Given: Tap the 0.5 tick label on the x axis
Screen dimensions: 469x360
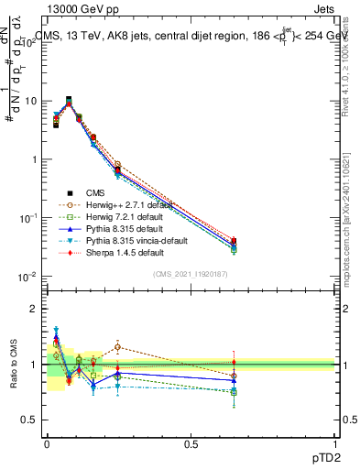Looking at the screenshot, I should tap(191, 444).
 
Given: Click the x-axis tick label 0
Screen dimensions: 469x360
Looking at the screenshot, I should tap(47, 444).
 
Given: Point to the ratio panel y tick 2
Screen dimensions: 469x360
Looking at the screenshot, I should tap(33, 309).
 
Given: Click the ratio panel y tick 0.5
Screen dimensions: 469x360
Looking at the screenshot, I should tap(29, 420).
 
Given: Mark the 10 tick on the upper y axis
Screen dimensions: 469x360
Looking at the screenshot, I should tap(30, 101).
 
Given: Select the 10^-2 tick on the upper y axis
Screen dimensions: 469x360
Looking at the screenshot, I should tap(28, 277).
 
